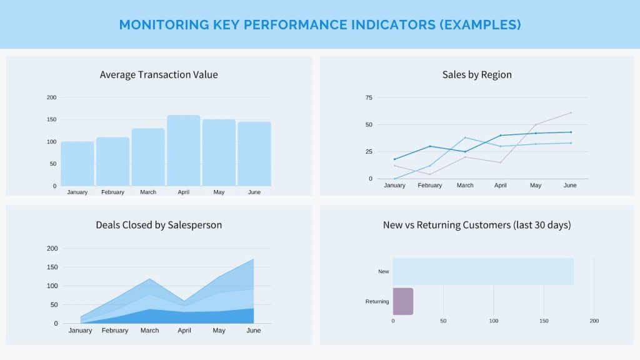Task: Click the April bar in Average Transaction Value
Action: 184,150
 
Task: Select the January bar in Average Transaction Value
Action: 77,164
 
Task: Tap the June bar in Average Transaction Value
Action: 254,154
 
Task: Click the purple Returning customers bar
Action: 403,301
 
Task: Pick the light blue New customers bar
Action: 483,271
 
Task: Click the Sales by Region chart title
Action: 477,75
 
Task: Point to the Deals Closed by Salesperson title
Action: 159,225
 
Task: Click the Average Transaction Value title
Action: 159,75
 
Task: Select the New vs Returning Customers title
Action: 477,225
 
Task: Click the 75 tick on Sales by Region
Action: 369,97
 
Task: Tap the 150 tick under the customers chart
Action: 544,321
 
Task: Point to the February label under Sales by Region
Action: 430,185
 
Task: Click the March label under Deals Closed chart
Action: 149,330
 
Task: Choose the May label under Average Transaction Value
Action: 219,192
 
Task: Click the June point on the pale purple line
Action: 571,112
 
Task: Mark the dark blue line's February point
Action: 430,146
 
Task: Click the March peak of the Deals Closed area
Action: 150,279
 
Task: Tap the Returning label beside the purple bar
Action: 377,302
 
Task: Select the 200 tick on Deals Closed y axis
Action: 52,249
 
